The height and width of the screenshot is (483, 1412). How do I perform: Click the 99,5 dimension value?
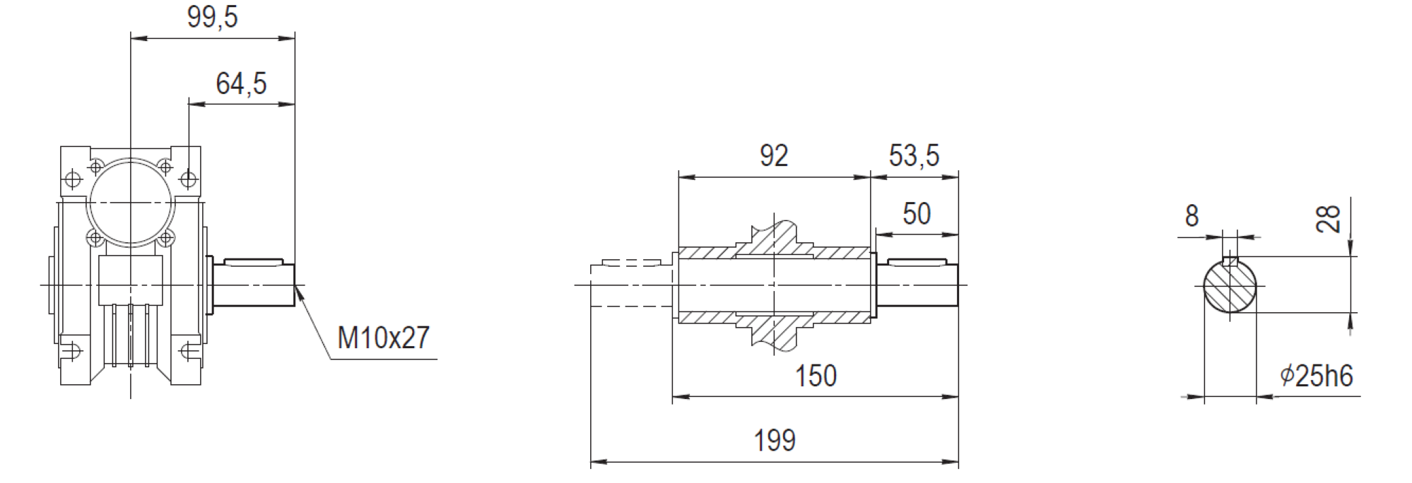(213, 17)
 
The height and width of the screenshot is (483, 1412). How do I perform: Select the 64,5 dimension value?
(241, 83)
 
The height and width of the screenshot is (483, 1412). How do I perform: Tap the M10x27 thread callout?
(384, 338)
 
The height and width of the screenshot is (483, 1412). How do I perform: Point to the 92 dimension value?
(774, 155)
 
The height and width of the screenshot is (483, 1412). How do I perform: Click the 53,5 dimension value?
(914, 155)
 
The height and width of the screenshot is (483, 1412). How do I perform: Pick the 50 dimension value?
(917, 213)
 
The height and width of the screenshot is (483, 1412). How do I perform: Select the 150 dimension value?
(816, 376)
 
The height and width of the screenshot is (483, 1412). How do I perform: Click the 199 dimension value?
(775, 441)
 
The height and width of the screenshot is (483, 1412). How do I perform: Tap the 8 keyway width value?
(1192, 216)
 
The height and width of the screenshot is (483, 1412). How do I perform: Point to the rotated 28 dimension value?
(1329, 219)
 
